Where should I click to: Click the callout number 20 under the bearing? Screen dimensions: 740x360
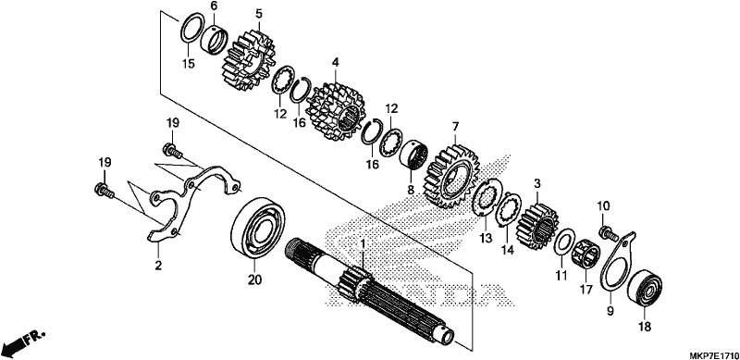click(254, 280)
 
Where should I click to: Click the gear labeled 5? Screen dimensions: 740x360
click(248, 60)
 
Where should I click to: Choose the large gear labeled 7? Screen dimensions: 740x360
click(453, 178)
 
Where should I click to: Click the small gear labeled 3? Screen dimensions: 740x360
click(538, 227)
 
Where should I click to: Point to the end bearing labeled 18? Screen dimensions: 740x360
click(644, 288)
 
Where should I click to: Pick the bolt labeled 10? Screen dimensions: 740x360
click(608, 232)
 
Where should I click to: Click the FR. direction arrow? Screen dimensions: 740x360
click(22, 343)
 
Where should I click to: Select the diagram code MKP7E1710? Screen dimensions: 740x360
click(714, 354)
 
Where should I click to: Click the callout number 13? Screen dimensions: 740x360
click(486, 238)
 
